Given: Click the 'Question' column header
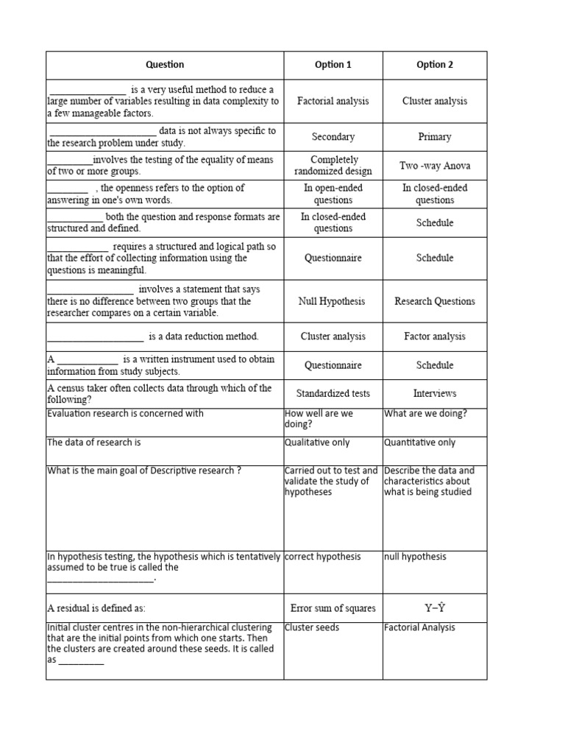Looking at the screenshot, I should click(165, 65).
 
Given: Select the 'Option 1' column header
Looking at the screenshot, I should click(333, 65).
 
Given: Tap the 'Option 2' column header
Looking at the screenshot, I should click(435, 65).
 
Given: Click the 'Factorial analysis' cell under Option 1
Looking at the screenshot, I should click(333, 101).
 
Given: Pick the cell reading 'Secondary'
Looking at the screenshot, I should click(333, 137).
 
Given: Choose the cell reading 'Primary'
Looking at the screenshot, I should click(435, 137).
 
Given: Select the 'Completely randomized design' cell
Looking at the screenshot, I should click(333, 166).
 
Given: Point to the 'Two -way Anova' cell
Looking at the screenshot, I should click(435, 166).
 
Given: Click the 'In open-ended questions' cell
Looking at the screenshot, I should click(333, 194).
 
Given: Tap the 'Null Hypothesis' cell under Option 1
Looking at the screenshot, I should click(333, 301).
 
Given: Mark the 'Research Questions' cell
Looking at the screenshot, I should click(435, 301).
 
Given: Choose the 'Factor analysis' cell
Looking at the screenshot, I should click(435, 337).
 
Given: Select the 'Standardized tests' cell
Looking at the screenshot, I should click(333, 394).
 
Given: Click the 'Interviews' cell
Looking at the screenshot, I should click(435, 394).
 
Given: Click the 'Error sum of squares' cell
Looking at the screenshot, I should click(333, 608).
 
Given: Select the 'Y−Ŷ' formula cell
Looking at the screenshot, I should click(435, 608).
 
